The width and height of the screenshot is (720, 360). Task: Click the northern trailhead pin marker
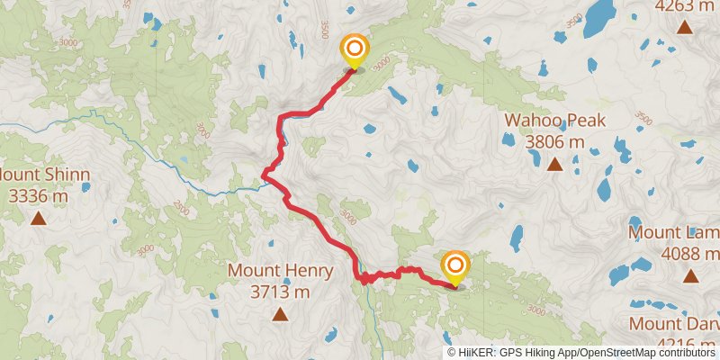click(354, 49)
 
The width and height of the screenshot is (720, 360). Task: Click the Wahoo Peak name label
click(554, 121)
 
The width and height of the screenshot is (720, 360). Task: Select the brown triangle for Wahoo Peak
click(554, 165)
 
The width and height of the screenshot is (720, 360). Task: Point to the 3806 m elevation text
click(554, 141)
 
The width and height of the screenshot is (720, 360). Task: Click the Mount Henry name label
click(280, 270)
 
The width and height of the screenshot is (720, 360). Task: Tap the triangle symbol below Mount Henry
click(280, 314)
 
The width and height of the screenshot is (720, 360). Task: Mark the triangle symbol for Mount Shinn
click(38, 217)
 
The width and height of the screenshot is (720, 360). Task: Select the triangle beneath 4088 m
click(689, 277)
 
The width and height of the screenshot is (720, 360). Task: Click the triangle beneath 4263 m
click(686, 28)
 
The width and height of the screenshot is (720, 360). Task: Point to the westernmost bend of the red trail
click(263, 174)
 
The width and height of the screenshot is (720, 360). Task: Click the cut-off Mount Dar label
click(674, 323)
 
